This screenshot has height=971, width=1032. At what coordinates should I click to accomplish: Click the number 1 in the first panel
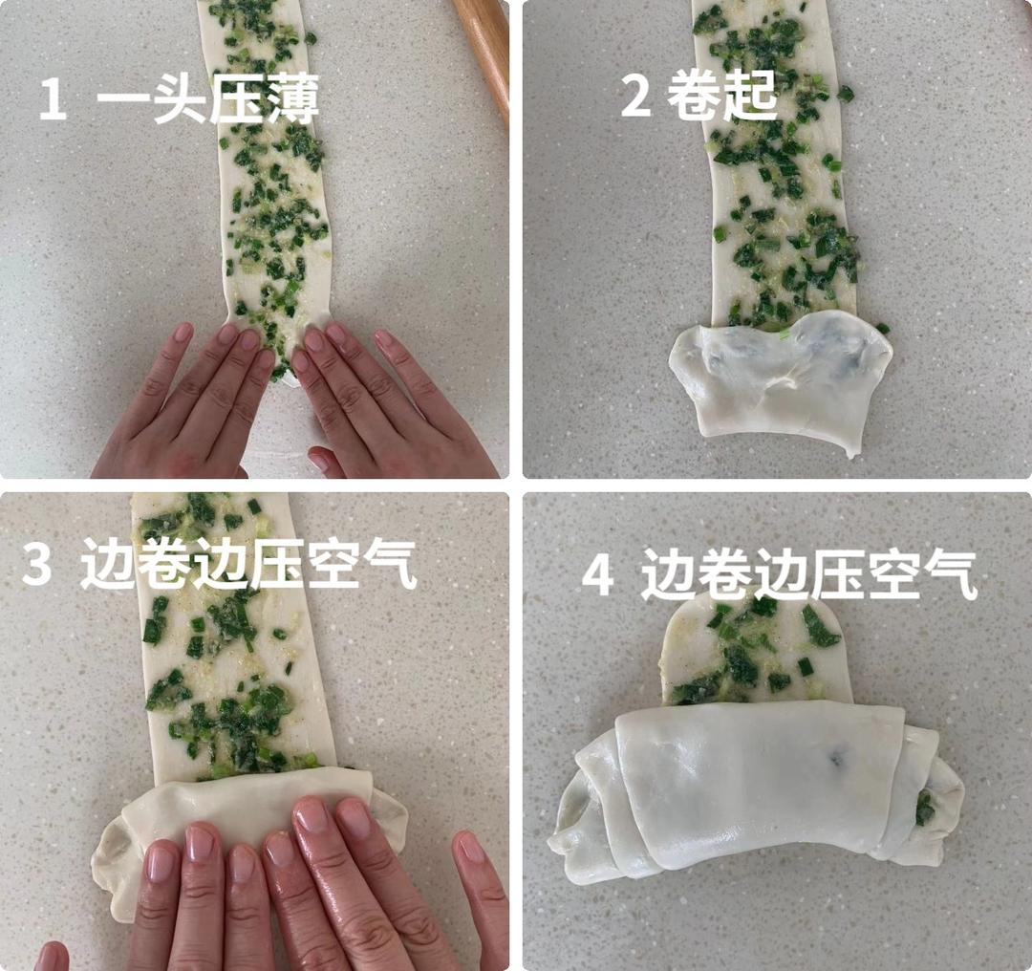click(52, 100)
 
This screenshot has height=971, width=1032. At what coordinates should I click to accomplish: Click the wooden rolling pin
click(484, 48)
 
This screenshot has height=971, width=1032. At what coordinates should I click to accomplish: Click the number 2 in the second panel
click(635, 97)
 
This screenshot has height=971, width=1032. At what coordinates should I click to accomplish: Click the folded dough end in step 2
click(779, 378)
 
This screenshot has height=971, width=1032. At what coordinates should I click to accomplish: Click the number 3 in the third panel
click(36, 566)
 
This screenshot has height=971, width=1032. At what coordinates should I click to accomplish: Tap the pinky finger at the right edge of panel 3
click(483, 889)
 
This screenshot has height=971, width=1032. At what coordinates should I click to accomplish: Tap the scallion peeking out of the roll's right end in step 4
click(924, 808)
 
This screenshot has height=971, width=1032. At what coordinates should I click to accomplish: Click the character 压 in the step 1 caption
click(233, 99)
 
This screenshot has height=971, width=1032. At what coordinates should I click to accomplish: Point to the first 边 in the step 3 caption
click(105, 567)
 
